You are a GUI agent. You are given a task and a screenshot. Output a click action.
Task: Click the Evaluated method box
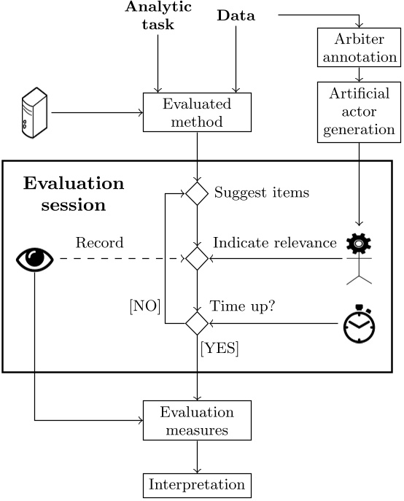(x=197, y=112)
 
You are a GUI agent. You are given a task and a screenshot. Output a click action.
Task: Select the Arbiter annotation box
(x=359, y=47)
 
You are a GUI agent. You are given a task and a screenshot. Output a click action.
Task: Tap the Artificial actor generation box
(x=359, y=112)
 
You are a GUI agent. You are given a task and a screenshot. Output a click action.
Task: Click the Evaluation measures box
(x=197, y=421)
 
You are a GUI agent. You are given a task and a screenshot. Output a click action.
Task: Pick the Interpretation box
(x=197, y=486)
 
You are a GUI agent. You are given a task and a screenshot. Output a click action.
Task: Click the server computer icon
(x=34, y=112)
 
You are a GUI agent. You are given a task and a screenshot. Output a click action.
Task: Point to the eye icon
(x=35, y=259)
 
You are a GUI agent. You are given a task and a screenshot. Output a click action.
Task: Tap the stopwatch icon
(x=360, y=324)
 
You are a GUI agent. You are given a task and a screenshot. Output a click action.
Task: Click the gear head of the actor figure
(x=359, y=244)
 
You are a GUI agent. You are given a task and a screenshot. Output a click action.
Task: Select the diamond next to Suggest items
(x=197, y=194)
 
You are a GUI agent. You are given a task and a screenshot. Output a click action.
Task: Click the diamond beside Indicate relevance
(x=197, y=258)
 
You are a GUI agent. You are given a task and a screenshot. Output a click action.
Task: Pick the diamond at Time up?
(x=197, y=323)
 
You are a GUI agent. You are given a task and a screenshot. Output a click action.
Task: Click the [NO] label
(x=145, y=306)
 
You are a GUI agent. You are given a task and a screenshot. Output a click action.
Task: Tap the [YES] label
(x=220, y=348)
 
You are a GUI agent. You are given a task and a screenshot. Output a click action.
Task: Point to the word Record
(x=99, y=243)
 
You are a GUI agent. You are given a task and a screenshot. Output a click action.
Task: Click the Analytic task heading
(x=158, y=15)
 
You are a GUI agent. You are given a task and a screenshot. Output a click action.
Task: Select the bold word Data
(x=236, y=15)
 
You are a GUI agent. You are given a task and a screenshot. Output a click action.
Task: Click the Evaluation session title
(x=74, y=194)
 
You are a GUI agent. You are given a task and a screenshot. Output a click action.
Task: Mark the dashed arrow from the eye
(x=123, y=258)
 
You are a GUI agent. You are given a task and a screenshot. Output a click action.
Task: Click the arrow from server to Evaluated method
(x=97, y=112)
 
